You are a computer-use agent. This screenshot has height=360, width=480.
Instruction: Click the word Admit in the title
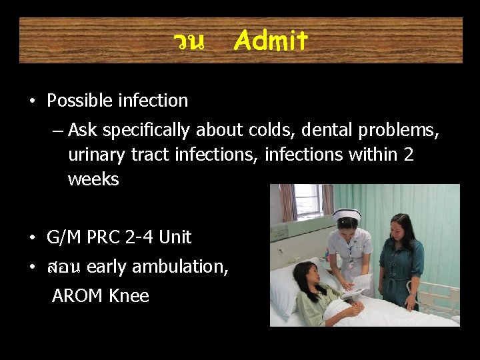[271, 42]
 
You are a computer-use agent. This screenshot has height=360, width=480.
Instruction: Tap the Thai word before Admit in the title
[189, 42]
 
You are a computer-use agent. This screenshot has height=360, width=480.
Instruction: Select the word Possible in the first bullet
[80, 101]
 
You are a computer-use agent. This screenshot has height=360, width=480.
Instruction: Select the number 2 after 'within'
[408, 155]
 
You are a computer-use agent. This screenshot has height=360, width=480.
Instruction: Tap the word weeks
[93, 179]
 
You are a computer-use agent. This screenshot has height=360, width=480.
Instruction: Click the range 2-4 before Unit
[144, 237]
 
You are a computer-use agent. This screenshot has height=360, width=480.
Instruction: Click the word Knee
[130, 296]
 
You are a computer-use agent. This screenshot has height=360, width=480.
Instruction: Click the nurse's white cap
[346, 214]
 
